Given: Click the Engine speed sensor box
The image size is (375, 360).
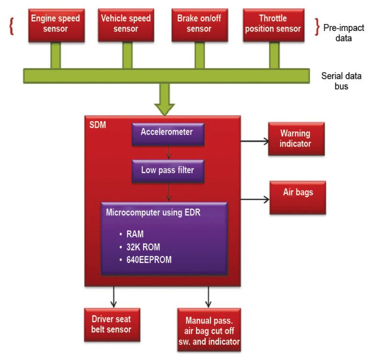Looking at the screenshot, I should coord(55,24).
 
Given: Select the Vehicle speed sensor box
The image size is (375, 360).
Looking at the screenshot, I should coord(126,24).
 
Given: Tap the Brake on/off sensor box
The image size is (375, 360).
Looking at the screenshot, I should coord(199,24).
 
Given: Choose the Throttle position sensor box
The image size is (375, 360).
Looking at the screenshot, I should coord(273,24).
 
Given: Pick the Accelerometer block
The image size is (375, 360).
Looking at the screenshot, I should coord(166,133).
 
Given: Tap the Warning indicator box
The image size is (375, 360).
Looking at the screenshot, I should coord(295,139).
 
